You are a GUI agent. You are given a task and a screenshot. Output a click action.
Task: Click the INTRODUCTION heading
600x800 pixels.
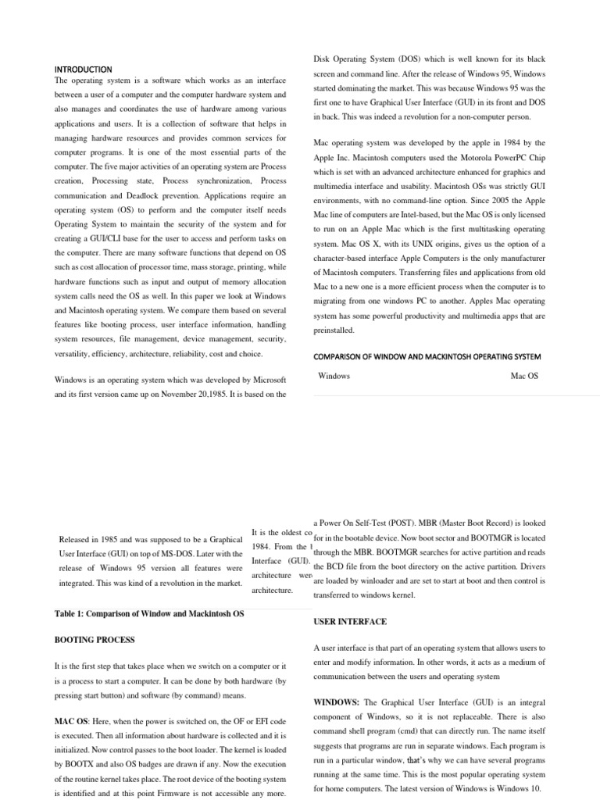click(83, 70)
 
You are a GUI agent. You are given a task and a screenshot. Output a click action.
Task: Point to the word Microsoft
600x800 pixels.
click(266, 380)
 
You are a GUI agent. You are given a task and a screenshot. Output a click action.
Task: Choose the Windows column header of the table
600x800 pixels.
click(334, 376)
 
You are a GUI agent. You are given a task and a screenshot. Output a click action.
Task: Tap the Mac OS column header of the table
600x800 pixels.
click(524, 376)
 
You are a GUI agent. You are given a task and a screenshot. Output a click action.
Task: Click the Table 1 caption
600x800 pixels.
click(149, 614)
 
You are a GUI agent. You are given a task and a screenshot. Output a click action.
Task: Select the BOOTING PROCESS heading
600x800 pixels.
click(95, 640)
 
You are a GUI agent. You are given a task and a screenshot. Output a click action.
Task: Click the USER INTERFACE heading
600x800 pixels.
click(349, 622)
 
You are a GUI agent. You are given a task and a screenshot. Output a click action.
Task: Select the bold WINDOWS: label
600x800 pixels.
click(336, 702)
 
